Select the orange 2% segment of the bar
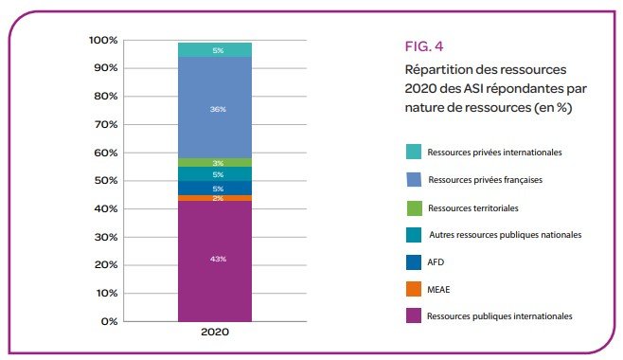pyautogui.click(x=215, y=198)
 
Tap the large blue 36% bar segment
pyautogui.click(x=215, y=109)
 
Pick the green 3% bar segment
pyautogui.click(x=215, y=163)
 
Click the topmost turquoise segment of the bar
pyautogui.click(x=215, y=50)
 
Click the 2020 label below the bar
pyautogui.click(x=215, y=334)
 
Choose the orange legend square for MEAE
pyautogui.click(x=413, y=288)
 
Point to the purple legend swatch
pyautogui.click(x=413, y=315)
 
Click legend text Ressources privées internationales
pyautogui.click(x=495, y=152)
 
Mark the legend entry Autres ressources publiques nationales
pyautogui.click(x=505, y=234)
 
